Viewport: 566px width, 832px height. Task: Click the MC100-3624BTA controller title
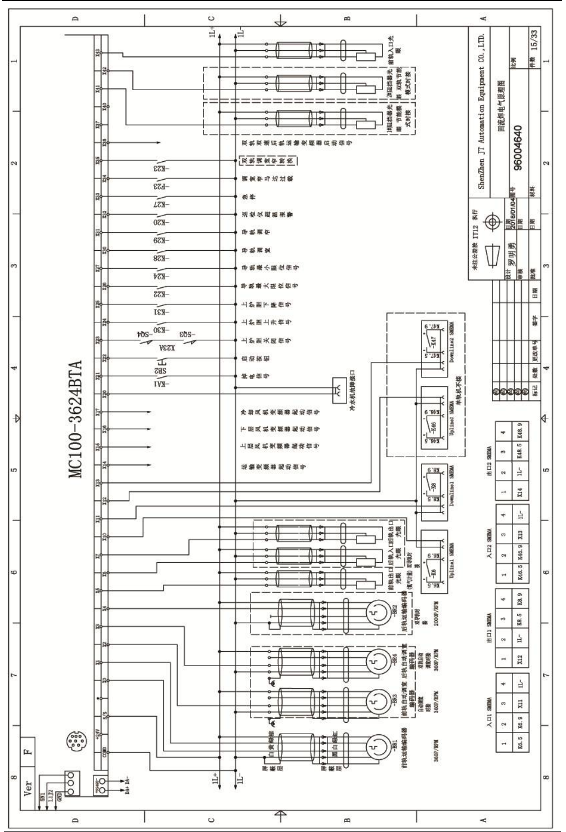point(76,419)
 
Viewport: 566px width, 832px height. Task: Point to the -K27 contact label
point(159,204)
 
